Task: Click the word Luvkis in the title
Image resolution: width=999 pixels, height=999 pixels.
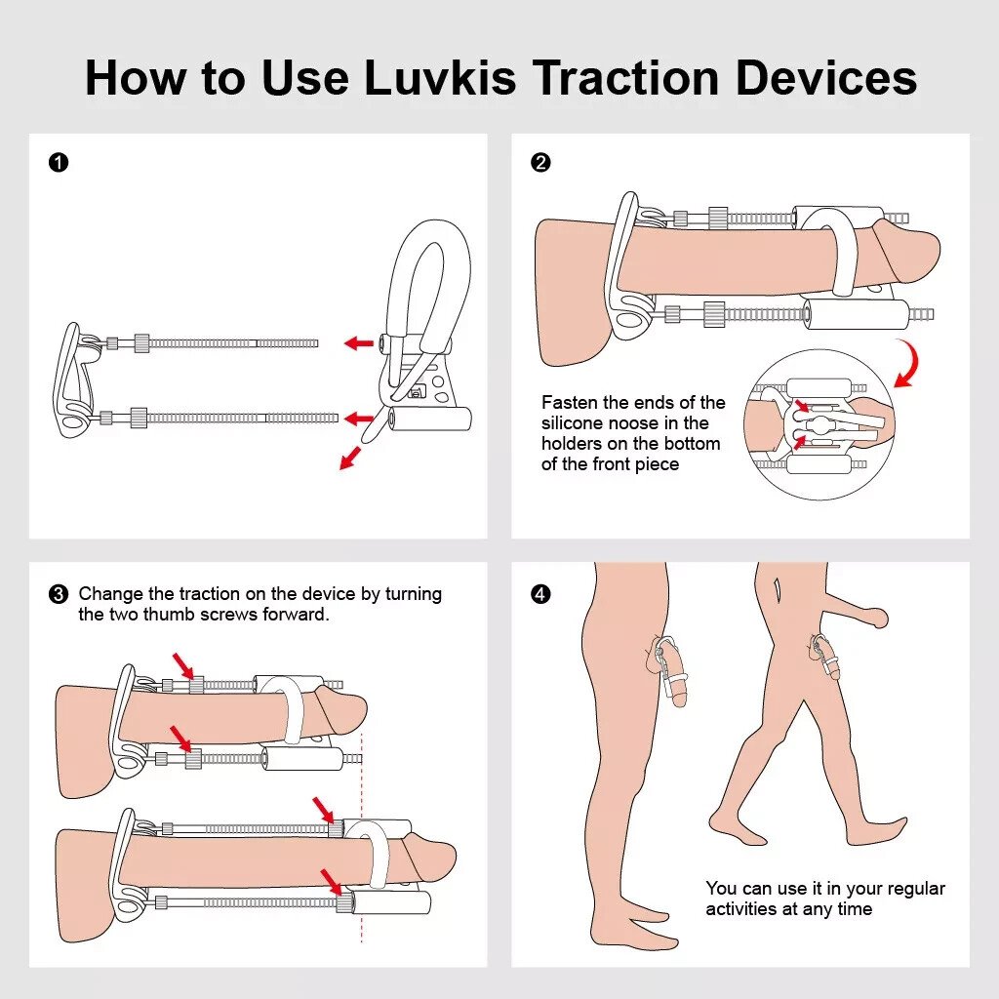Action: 440,78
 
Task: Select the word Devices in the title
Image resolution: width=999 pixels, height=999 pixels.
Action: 825,78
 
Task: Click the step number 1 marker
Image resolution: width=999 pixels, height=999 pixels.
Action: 58,163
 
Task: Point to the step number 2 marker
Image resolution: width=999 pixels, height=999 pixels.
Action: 540,163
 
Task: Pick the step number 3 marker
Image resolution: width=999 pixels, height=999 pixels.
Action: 58,594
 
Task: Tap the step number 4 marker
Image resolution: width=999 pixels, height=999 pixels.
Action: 540,594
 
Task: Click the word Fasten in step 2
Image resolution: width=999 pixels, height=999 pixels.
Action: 570,403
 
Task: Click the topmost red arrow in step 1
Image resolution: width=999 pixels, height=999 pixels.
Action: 358,343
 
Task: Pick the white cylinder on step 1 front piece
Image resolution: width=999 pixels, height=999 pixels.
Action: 429,420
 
